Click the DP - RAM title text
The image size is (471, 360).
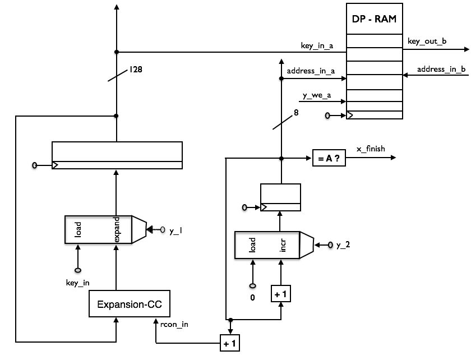click(x=374, y=19)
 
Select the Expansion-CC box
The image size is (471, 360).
click(x=130, y=303)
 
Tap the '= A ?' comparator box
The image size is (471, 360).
click(x=329, y=158)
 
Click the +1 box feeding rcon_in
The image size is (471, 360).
click(x=230, y=343)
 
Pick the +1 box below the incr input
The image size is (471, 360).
click(x=281, y=294)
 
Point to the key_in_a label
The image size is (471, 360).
click(x=317, y=45)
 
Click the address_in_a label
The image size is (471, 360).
click(x=311, y=71)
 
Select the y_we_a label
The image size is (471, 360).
click(x=317, y=95)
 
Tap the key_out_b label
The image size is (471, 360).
click(x=427, y=41)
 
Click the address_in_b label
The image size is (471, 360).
click(x=441, y=69)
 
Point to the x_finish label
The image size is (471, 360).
click(x=371, y=149)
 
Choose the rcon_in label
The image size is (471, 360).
click(x=174, y=325)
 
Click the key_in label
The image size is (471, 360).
click(x=77, y=283)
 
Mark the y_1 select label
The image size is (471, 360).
click(x=176, y=231)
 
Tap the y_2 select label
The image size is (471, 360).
click(x=343, y=245)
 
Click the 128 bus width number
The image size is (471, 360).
click(x=136, y=70)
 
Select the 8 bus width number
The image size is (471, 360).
click(x=296, y=113)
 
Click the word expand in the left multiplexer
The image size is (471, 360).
click(x=117, y=229)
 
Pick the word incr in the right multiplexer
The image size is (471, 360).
click(x=283, y=245)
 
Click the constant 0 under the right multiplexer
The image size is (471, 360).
click(x=252, y=298)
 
